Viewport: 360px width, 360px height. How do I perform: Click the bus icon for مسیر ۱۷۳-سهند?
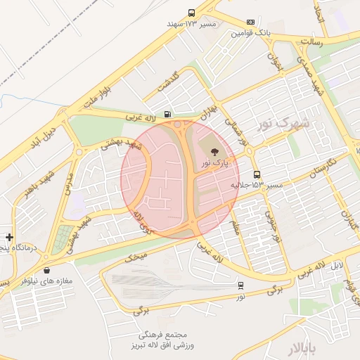192,13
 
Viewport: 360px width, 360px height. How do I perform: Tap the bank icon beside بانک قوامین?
251,22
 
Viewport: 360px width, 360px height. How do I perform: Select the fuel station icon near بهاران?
167,114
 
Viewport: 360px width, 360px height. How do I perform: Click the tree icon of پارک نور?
214,150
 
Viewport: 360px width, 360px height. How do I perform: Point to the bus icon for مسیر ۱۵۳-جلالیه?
256,174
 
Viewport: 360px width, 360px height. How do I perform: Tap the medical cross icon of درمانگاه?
8,238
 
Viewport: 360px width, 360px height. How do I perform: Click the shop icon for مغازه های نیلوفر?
46,270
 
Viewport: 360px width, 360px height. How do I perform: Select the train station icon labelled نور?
241,285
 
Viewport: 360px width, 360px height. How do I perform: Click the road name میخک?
137,257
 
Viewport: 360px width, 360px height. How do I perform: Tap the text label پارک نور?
214,163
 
